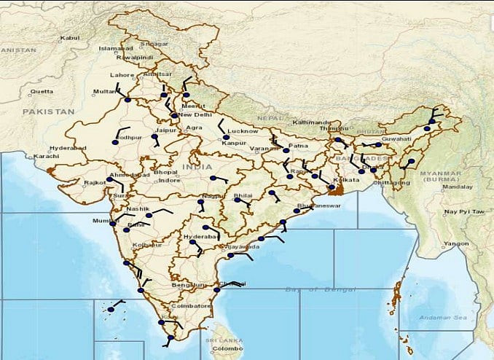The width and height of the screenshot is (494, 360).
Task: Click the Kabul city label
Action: pos(69,37)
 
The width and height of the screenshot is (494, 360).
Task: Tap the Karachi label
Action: pos(45,157)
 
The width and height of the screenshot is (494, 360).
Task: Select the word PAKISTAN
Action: pos(48,111)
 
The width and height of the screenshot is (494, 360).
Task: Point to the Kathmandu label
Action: pos(312,122)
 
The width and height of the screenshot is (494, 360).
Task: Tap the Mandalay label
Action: pos(458,187)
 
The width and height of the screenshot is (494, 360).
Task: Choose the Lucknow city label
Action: pos(243,130)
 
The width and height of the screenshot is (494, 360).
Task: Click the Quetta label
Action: pos(42,92)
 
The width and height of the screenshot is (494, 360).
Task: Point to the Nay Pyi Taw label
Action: pos(464,211)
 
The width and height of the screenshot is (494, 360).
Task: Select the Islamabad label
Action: pos(116,48)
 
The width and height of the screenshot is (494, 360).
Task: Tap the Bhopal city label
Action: pos(165,171)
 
